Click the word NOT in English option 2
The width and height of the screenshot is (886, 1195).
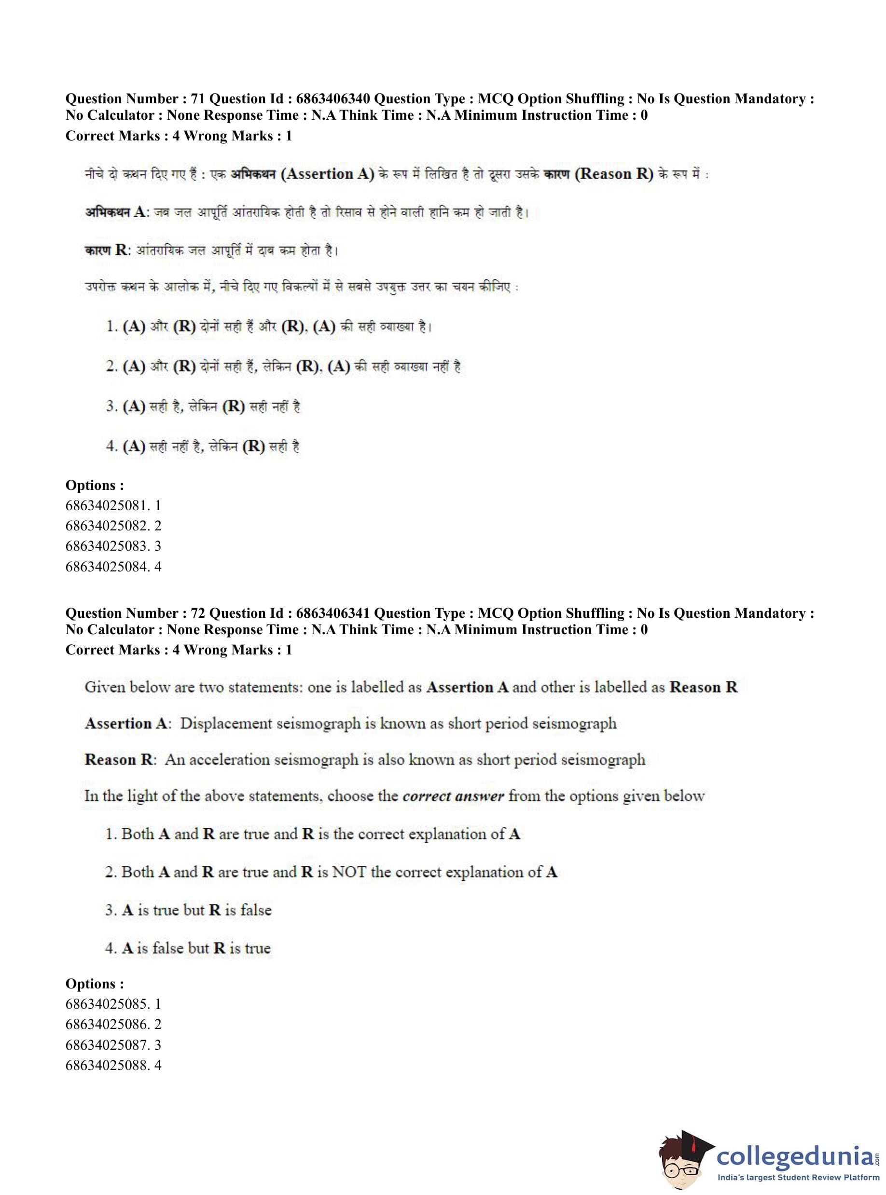[x=349, y=872]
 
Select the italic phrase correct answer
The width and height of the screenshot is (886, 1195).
[x=453, y=795]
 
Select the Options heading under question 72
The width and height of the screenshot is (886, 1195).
[x=95, y=984]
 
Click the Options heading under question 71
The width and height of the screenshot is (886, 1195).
[x=95, y=485]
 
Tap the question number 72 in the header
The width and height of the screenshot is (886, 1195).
[x=197, y=613]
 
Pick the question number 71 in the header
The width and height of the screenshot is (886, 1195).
[x=197, y=98]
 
